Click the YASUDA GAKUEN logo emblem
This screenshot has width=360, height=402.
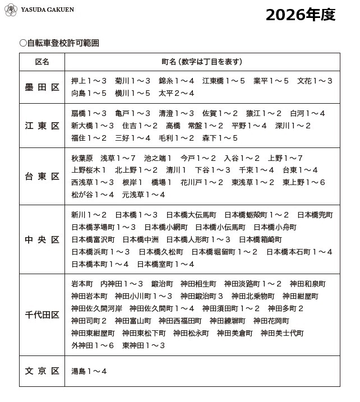(11, 10)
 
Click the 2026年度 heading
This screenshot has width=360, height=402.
(300, 15)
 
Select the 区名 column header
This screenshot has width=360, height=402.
(42, 62)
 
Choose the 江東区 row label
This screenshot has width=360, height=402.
(42, 126)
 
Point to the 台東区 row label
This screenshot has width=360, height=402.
(42, 177)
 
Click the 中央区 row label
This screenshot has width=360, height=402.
(42, 239)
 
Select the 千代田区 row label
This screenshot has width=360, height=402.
(42, 315)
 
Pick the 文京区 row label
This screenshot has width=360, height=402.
(42, 371)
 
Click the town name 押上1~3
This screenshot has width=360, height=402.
(89, 81)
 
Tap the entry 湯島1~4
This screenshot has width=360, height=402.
(89, 371)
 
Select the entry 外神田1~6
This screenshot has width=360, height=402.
(93, 345)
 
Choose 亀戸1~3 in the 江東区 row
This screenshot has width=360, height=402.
(133, 113)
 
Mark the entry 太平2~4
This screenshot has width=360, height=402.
(177, 93)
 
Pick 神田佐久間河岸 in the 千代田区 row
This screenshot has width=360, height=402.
(96, 308)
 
